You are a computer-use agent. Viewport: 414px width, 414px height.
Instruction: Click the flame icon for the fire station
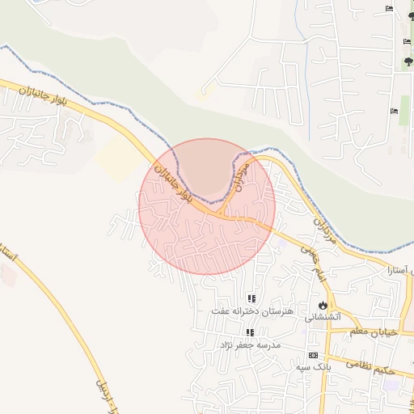pyautogui.click(x=323, y=306)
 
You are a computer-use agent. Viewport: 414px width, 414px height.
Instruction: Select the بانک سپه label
pyautogui.click(x=314, y=367)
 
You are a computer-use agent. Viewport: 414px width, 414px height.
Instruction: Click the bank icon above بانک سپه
pyautogui.click(x=313, y=356)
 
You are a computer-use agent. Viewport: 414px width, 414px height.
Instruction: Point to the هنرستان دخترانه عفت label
pyautogui.click(x=251, y=310)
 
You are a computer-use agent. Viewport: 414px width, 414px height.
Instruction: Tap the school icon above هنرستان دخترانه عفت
pyautogui.click(x=251, y=298)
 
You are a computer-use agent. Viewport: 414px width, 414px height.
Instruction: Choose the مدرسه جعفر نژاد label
pyautogui.click(x=250, y=344)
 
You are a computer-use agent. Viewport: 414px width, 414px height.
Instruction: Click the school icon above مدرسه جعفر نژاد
pyautogui.click(x=250, y=332)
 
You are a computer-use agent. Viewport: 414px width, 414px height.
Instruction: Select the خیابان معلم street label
pyautogui.click(x=374, y=332)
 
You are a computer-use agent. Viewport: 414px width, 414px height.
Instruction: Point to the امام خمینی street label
pyautogui.click(x=310, y=263)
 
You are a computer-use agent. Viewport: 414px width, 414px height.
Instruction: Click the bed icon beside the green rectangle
pyautogui.click(x=394, y=110)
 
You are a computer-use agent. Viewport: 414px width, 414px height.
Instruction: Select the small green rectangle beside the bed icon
pyautogui.click(x=404, y=110)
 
